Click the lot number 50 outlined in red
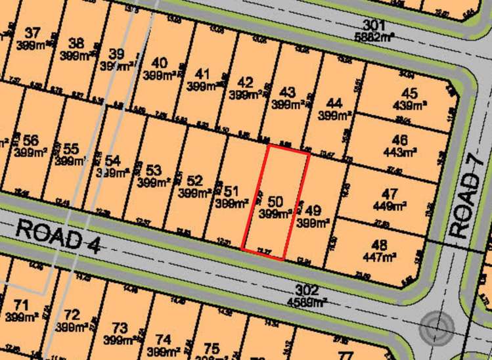[x=277, y=201]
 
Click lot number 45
[x=409, y=93]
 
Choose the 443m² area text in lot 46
[x=409, y=152]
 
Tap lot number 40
[x=159, y=62]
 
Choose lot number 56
[x=30, y=141]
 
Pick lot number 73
[x=120, y=327]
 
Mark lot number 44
[x=334, y=104]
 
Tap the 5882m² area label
[x=374, y=37]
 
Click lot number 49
[x=313, y=211]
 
